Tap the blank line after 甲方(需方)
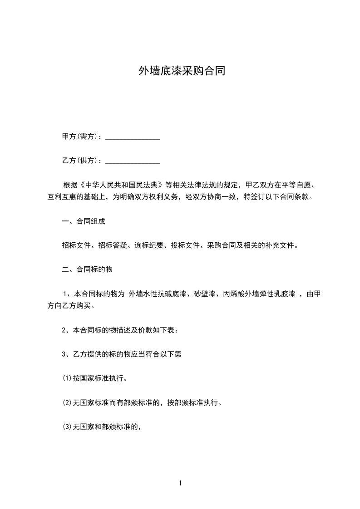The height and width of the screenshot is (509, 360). tap(132, 138)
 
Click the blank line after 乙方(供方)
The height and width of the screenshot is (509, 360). tap(132, 162)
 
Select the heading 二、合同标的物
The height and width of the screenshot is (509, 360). tap(87, 269)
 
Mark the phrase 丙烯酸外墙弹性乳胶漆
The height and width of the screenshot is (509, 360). tap(260, 294)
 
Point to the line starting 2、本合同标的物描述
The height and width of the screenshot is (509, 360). tap(120, 330)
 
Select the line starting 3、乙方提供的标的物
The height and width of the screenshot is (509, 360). tap(122, 354)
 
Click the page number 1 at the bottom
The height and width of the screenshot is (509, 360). tap(180, 483)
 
